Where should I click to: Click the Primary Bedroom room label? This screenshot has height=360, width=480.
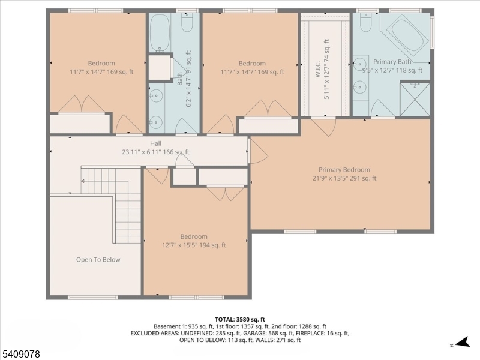(344, 170)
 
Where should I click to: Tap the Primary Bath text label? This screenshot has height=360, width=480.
(392, 62)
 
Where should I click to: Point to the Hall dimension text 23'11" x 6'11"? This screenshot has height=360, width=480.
(155, 152)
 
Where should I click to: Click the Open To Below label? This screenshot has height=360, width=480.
(98, 260)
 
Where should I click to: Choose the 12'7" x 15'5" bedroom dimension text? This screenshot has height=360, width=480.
(194, 245)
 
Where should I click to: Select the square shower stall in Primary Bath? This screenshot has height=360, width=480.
(415, 98)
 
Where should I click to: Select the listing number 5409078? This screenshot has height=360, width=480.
(21, 355)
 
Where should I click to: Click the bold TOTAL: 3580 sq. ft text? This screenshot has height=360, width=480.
(240, 319)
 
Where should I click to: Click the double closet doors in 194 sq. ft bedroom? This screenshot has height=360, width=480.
(226, 193)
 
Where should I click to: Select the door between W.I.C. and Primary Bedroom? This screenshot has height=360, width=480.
(324, 126)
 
